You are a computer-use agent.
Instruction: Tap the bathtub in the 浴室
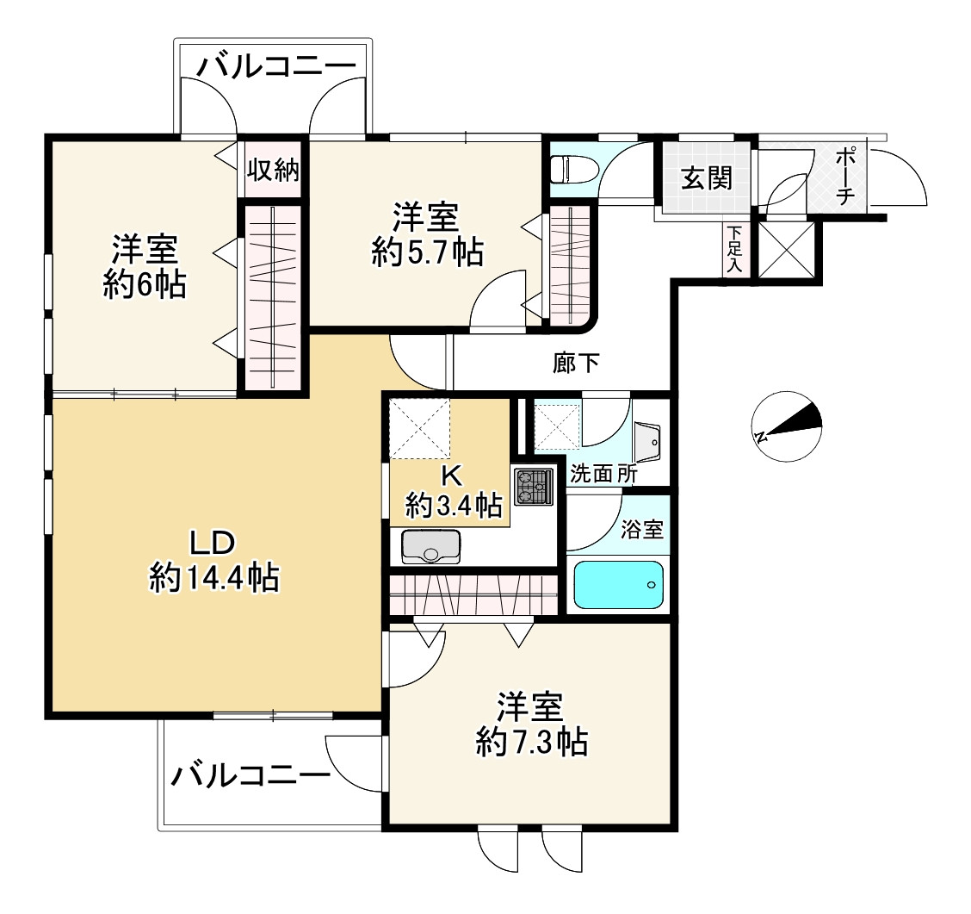tap(619, 584)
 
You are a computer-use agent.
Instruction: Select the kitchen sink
tap(431, 546)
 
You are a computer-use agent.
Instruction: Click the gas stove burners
tap(533, 487)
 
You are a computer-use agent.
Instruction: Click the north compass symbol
tap(787, 426)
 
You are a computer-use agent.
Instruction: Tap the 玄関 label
tap(707, 178)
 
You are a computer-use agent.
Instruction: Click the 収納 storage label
tap(273, 170)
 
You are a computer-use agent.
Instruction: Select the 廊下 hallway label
tap(576, 364)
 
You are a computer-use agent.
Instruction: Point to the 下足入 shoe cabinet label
tap(734, 250)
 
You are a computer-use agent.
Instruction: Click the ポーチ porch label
tap(845, 176)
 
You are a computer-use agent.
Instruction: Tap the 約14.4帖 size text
tap(214, 578)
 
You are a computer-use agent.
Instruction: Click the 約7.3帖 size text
tap(532, 741)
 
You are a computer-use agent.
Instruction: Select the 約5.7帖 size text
tap(428, 252)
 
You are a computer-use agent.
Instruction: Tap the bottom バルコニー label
tap(250, 775)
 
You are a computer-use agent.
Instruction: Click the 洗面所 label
tap(603, 474)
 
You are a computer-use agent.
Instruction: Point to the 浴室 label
tap(642, 529)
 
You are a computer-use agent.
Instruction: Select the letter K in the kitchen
tap(451, 476)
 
